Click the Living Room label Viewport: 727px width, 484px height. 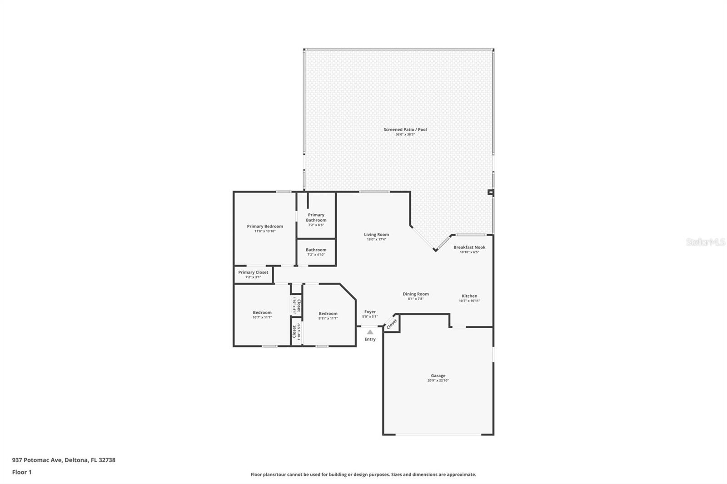click(x=376, y=235)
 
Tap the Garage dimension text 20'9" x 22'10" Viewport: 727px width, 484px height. click(x=438, y=380)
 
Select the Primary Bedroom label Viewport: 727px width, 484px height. click(x=265, y=226)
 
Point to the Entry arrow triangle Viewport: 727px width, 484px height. click(x=370, y=332)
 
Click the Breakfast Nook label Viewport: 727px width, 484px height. click(x=469, y=247)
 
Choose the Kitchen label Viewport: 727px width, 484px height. click(x=469, y=296)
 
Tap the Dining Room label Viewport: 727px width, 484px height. click(x=416, y=294)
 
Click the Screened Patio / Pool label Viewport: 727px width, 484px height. click(x=405, y=129)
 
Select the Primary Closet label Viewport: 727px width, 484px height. click(x=253, y=272)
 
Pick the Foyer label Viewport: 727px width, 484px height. click(x=370, y=312)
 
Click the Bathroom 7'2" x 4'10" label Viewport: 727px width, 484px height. click(x=316, y=250)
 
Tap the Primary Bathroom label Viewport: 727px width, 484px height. click(x=316, y=217)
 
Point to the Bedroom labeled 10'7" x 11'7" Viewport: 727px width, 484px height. click(x=262, y=312)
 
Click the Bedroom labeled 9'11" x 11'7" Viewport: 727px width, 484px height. click(x=328, y=313)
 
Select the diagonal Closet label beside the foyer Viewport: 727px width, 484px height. click(x=392, y=323)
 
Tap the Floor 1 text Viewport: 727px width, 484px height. click(x=22, y=472)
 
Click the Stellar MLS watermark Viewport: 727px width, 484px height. click(x=705, y=242)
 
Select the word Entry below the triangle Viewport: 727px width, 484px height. click(x=370, y=339)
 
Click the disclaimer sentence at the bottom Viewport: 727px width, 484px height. click(x=363, y=474)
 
